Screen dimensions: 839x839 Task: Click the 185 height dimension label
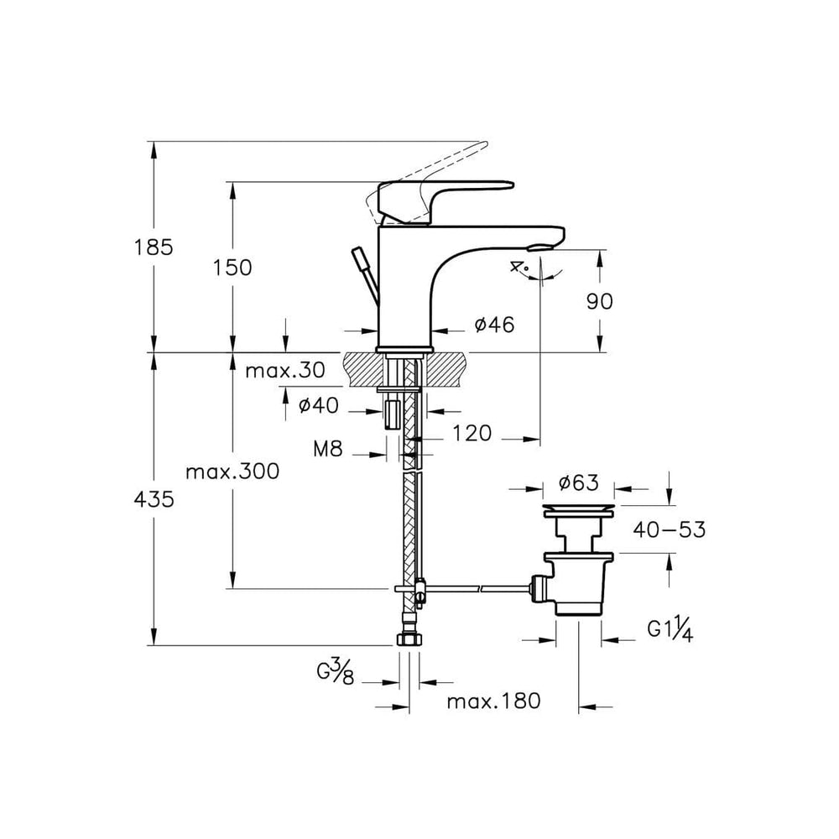[x=154, y=248]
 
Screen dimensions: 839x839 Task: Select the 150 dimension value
[x=232, y=268]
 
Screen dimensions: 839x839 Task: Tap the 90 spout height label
[x=599, y=302]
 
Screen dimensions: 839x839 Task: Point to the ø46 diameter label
[x=494, y=324]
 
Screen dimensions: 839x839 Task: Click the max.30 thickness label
[x=284, y=370]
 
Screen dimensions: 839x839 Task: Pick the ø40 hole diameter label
[x=318, y=405]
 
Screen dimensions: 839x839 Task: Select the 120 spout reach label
[x=472, y=434]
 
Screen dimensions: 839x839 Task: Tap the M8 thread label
[x=327, y=449]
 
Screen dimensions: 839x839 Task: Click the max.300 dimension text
[x=232, y=472]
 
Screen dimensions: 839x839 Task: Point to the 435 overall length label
[x=154, y=500]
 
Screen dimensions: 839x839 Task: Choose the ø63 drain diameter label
[x=578, y=482]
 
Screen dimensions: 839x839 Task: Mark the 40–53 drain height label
[x=669, y=529]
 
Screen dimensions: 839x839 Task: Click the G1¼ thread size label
[x=670, y=628]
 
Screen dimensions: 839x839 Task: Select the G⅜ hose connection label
[x=336, y=672]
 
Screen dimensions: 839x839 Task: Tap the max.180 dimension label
[x=493, y=701]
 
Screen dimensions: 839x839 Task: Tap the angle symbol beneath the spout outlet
[x=519, y=267]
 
